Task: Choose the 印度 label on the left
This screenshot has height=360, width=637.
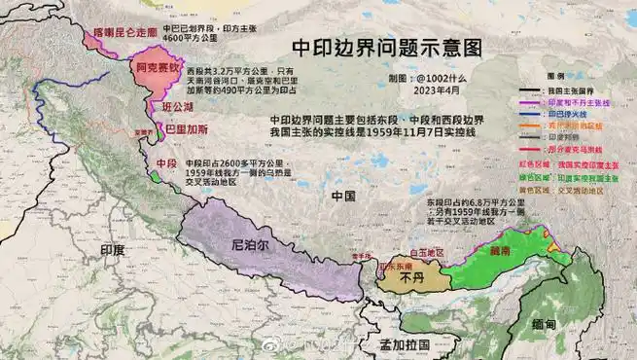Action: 113,250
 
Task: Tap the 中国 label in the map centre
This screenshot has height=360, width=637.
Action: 343,196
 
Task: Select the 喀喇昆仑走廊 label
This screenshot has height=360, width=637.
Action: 124,32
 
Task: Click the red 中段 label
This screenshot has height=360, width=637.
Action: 165,164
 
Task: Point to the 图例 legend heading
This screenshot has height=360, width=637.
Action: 556,75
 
